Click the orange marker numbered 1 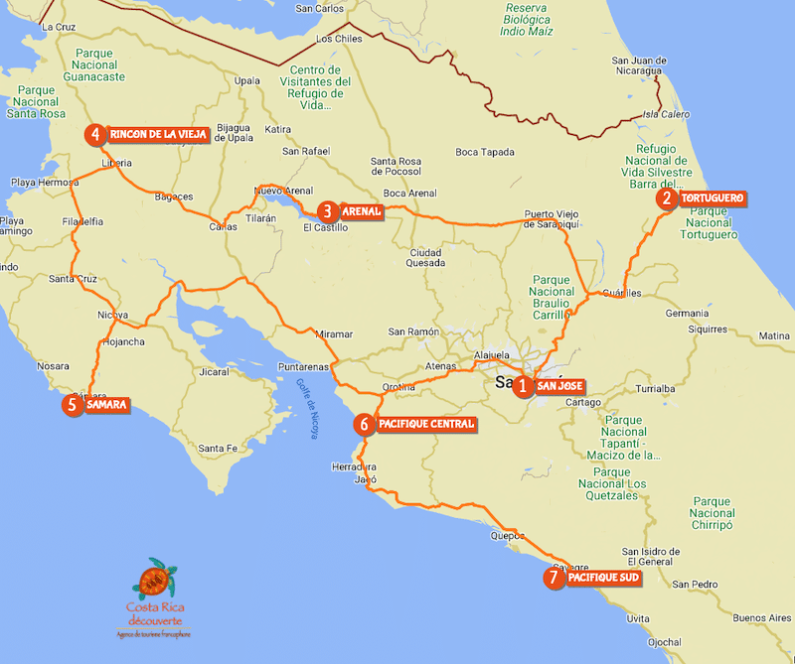pos(524,386)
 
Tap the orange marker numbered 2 pos(666,199)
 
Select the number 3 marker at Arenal pos(327,211)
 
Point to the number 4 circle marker pos(95,135)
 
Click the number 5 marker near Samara pos(72,405)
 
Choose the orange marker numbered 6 pos(364,425)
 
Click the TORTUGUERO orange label pos(712,199)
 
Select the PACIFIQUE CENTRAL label pos(426,425)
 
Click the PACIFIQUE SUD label pos(602,578)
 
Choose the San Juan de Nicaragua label pos(652,66)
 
